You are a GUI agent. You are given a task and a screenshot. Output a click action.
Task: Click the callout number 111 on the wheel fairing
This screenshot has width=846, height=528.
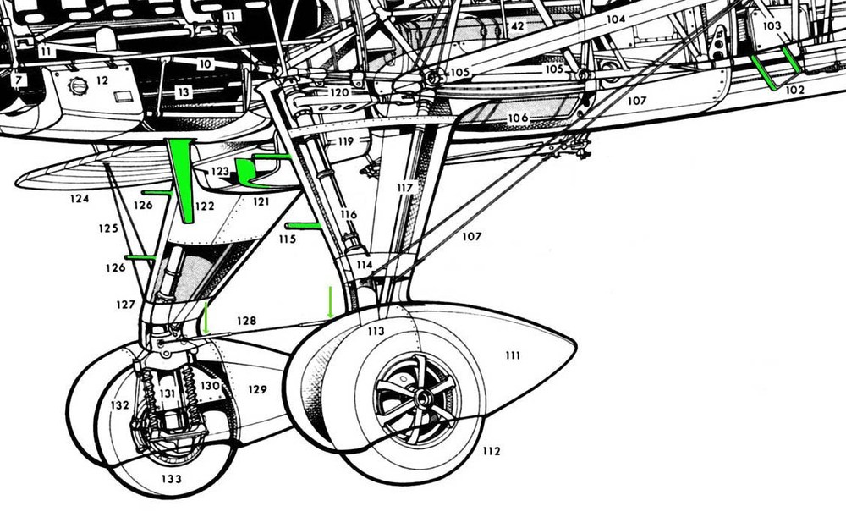[x=513, y=355]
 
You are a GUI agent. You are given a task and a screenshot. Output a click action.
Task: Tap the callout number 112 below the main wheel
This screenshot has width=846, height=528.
[x=491, y=450]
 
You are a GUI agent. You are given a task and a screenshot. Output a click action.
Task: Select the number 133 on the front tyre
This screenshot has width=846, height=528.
[x=172, y=478]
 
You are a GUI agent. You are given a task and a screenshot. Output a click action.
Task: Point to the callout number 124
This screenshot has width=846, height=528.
[x=80, y=199]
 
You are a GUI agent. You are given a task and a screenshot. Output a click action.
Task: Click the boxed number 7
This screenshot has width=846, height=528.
[x=19, y=80]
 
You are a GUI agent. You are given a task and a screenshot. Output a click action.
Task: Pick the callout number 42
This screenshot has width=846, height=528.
[x=518, y=26]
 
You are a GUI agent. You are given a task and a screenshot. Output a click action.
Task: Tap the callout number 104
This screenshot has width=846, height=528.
[x=616, y=19]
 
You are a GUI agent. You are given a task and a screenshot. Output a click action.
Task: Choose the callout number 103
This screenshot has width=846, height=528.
[x=772, y=25]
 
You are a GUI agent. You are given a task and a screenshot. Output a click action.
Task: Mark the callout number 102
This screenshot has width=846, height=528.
[x=794, y=90]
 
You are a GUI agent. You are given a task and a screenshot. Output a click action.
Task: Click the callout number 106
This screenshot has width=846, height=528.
[x=518, y=118]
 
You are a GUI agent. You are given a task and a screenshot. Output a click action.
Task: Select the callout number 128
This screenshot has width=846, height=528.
[x=246, y=320]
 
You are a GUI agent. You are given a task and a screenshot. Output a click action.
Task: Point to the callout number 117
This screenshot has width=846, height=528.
[x=404, y=187]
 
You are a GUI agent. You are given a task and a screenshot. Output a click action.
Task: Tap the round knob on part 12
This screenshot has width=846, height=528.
[x=78, y=85]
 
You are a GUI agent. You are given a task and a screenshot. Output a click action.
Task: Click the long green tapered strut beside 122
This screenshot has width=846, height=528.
[x=181, y=179]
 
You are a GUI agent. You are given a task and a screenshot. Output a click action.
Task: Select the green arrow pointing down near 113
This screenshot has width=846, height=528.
[x=330, y=302]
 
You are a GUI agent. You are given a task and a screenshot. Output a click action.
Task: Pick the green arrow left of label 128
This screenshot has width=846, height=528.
[x=206, y=318]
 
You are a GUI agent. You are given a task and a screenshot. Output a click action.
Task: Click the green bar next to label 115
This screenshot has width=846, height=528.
[x=303, y=226]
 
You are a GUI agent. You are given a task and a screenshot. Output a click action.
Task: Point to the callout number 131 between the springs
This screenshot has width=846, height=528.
[x=168, y=393]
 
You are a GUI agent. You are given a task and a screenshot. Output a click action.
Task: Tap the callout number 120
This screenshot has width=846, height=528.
[x=339, y=92]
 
